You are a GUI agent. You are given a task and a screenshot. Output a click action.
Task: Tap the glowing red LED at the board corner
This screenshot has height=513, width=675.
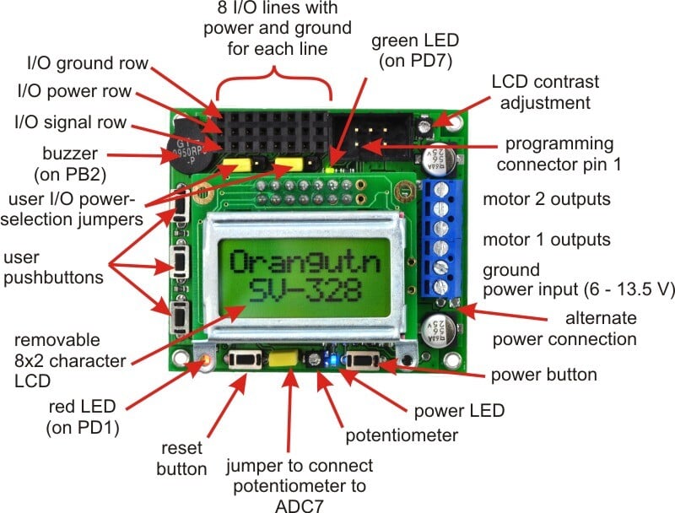click(x=206, y=359)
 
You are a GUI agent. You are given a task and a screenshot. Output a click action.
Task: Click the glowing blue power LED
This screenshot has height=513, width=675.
click(x=332, y=359)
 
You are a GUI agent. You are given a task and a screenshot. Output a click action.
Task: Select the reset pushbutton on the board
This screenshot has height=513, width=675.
click(x=245, y=359)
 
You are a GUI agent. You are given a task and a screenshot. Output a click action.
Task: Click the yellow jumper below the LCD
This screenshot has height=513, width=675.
click(x=283, y=359)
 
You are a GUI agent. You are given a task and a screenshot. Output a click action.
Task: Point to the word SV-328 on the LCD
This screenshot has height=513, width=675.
click(x=305, y=290)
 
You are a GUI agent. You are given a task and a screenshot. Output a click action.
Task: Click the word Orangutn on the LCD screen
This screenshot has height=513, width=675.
click(x=305, y=262)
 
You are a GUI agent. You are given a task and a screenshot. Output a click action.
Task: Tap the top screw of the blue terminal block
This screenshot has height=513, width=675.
click(x=440, y=190)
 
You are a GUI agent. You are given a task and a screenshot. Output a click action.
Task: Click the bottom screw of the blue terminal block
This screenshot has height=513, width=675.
click(x=440, y=286)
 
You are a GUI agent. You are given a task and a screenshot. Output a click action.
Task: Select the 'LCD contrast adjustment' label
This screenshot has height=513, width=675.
click(x=545, y=92)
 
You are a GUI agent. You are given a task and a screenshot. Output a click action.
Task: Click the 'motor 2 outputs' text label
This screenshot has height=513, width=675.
click(x=547, y=199)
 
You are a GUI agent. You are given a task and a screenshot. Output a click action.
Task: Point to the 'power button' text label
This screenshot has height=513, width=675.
click(x=544, y=375)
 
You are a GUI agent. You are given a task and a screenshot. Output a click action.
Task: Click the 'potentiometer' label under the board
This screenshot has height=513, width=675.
click(x=402, y=435)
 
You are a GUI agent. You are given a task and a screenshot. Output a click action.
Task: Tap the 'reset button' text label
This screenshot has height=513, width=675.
click(x=181, y=458)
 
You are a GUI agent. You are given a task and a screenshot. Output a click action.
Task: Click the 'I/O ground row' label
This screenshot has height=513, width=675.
click(x=88, y=63)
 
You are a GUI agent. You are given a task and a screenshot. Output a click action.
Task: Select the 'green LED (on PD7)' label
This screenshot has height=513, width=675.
click(x=415, y=51)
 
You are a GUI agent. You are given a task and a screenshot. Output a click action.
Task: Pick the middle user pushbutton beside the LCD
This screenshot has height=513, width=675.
click(x=180, y=262)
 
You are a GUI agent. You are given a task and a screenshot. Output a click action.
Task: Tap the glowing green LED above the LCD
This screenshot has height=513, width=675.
click(x=331, y=170)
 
